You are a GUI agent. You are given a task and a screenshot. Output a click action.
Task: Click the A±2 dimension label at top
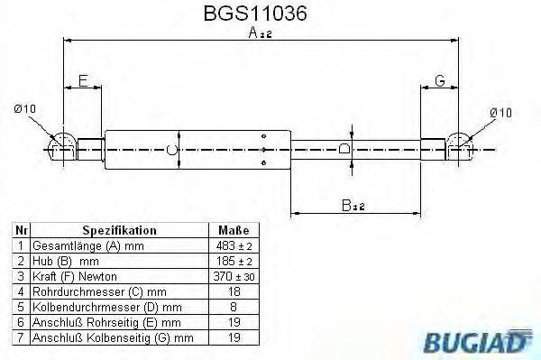(259, 33)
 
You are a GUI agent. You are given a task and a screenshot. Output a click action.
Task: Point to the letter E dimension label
(82, 81)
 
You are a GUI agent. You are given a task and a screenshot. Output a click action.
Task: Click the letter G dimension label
(440, 81)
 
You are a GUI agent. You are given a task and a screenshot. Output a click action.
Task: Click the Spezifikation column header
(119, 230)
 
